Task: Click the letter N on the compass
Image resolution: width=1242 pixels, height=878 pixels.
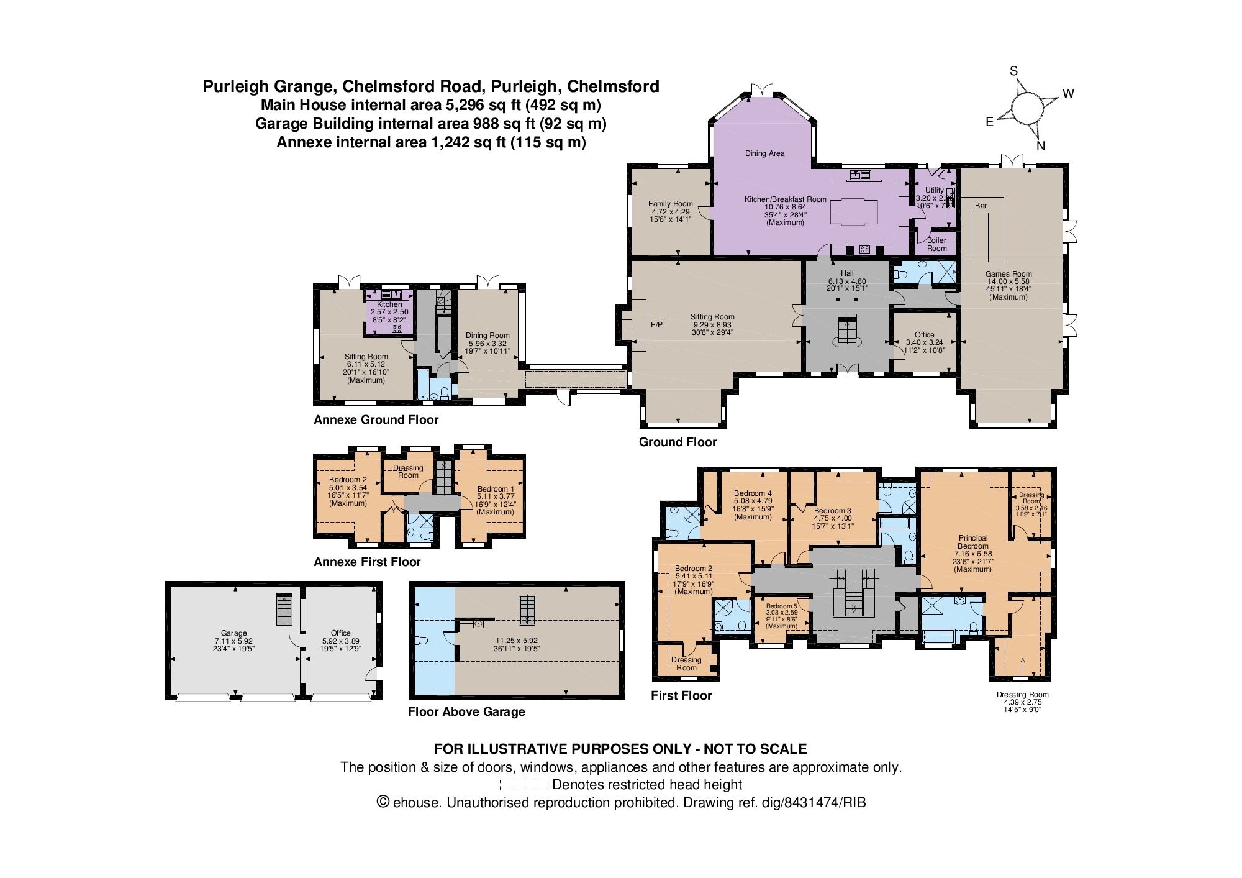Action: tap(1041, 146)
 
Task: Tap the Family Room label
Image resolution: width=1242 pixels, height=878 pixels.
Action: tap(670, 204)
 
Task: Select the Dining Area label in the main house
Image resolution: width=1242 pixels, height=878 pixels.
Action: tap(764, 153)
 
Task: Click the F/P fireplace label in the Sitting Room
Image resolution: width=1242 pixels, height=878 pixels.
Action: tap(656, 325)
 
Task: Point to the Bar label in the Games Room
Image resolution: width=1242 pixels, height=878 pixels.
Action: tap(981, 206)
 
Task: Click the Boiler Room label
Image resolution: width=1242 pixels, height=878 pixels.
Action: tap(936, 244)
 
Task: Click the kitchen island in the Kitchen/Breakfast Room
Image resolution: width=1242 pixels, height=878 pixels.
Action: tap(854, 211)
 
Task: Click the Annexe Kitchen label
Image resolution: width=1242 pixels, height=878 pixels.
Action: tap(389, 304)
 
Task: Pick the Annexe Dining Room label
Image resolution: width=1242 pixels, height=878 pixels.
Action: tap(487, 336)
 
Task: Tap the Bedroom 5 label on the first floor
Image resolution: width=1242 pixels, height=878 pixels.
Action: tap(781, 606)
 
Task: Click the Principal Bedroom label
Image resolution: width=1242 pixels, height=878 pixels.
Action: tap(972, 542)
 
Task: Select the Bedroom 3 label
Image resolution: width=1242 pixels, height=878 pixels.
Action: tap(833, 511)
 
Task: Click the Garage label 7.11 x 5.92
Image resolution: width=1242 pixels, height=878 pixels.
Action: tap(233, 633)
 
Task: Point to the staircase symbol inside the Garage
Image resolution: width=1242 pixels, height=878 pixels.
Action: tap(284, 610)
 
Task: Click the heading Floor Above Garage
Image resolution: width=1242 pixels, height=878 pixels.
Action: tap(466, 712)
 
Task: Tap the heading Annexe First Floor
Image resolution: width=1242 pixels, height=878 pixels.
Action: tap(367, 562)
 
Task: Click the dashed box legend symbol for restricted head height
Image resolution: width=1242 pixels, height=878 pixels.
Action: tap(524, 785)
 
